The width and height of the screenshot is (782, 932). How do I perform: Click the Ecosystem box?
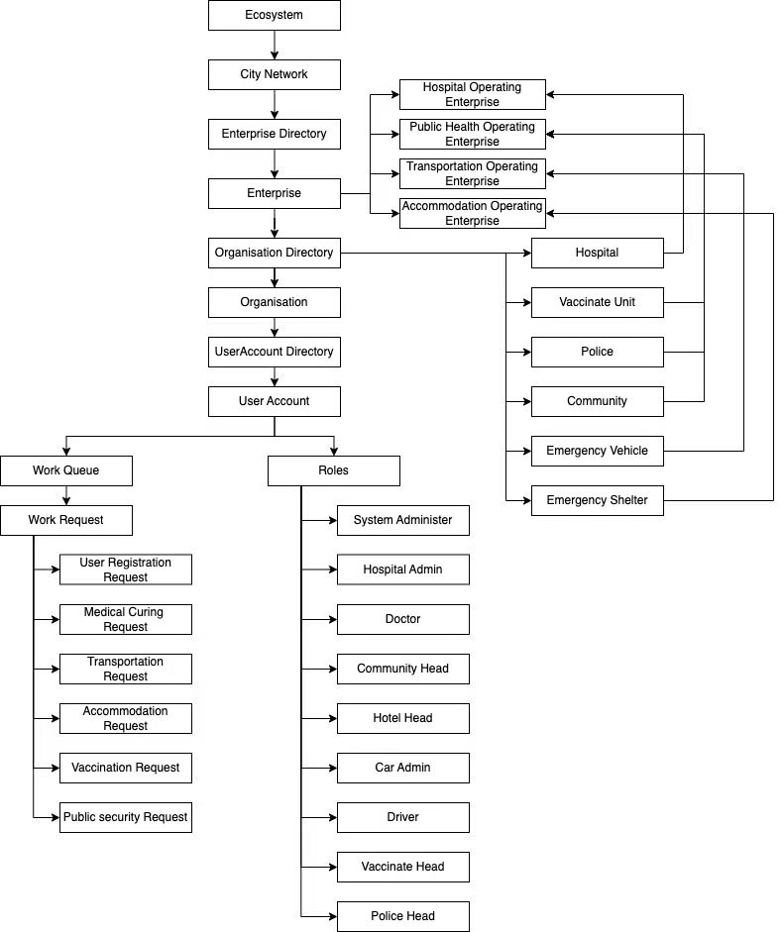(275, 15)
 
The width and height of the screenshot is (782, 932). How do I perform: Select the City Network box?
(275, 74)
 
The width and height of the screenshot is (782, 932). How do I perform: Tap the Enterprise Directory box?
(275, 134)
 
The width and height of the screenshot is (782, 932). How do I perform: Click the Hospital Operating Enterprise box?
(473, 94)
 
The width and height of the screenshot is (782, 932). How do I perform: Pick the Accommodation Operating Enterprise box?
(473, 213)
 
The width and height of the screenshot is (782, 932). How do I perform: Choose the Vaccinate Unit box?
(598, 302)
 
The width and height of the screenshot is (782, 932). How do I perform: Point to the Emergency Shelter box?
(598, 500)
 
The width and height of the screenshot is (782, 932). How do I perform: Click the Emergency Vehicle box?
(598, 451)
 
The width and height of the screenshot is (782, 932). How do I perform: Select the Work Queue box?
(65, 470)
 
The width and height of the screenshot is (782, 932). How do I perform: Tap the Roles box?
(334, 470)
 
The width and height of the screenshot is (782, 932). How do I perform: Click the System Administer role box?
(403, 520)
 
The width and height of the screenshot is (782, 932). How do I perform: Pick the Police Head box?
(403, 916)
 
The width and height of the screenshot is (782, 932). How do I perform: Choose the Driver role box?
(403, 817)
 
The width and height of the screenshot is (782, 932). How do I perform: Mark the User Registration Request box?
(126, 570)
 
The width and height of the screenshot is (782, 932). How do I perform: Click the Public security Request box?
(126, 817)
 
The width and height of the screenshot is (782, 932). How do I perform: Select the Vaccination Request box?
(126, 768)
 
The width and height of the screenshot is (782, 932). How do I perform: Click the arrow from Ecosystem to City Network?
(275, 45)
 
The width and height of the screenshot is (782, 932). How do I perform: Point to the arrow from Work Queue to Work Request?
(65, 495)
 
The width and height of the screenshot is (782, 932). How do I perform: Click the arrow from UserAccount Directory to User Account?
(275, 376)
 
